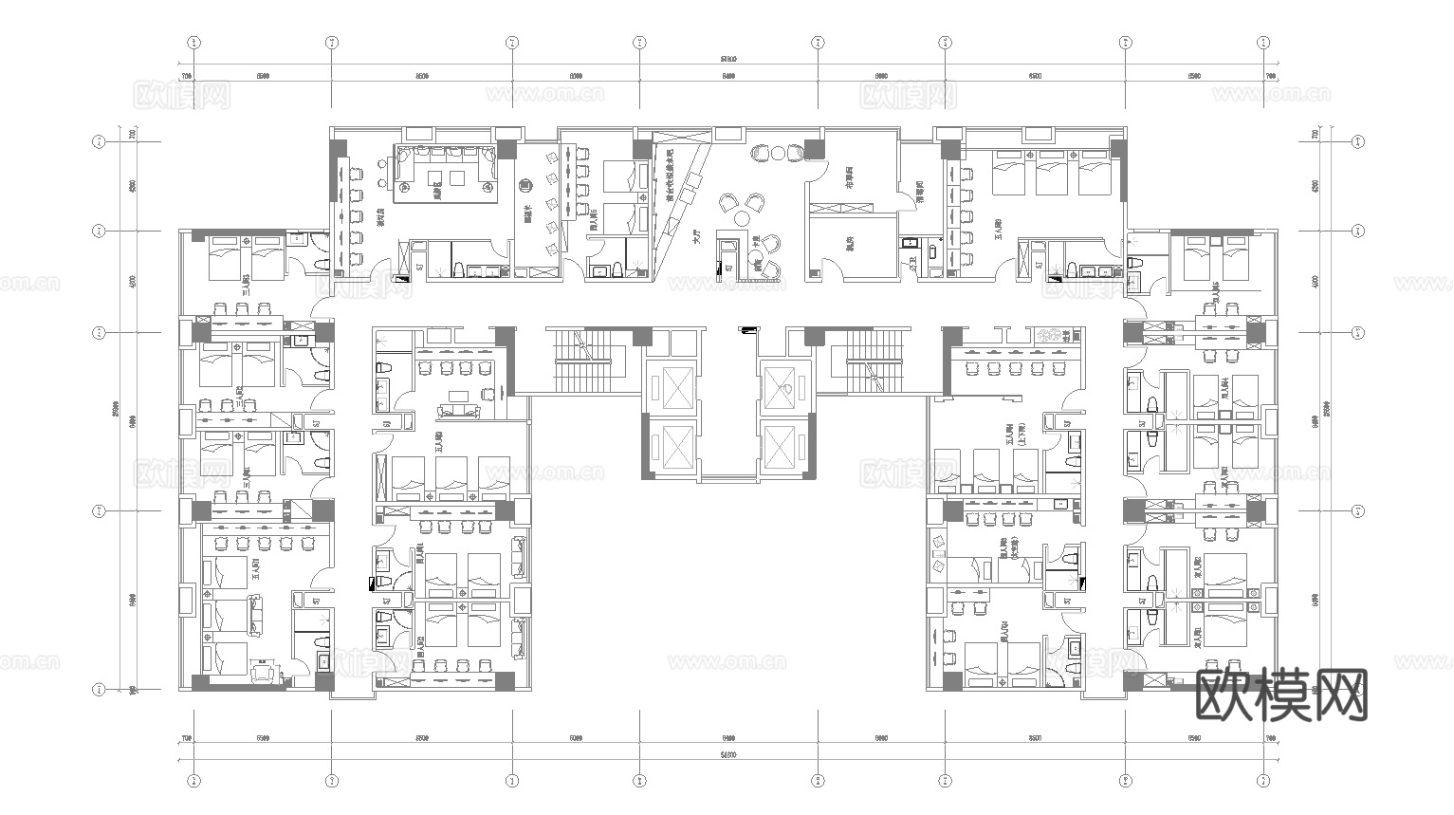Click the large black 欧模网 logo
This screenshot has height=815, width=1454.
(1279, 695)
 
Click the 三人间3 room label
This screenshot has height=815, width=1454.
(246, 284)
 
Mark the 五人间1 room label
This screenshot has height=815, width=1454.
(256, 569)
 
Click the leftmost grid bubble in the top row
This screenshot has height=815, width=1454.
(193, 43)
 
